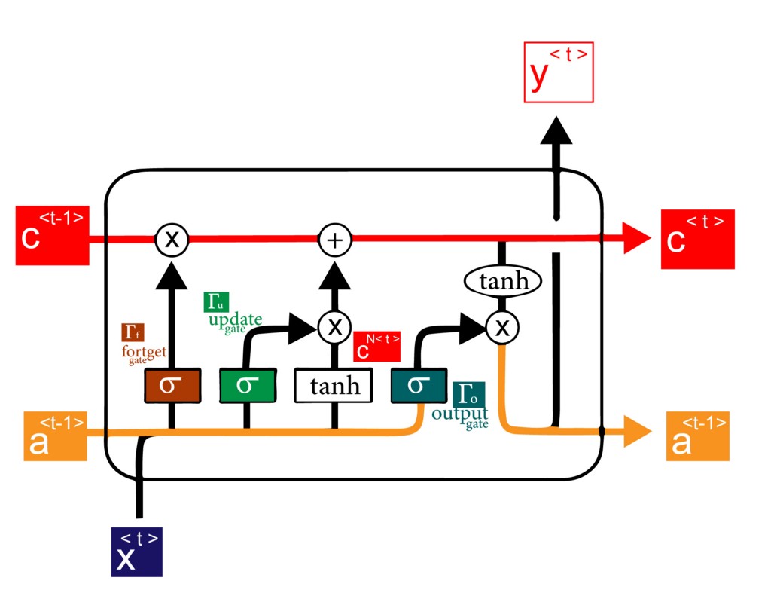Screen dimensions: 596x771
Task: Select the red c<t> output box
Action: point(697,239)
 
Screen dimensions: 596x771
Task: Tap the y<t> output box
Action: point(558,73)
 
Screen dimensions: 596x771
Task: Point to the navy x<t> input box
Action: point(136,552)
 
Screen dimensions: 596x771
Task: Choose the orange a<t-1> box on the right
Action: point(697,436)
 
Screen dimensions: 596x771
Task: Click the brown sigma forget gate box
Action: point(172,386)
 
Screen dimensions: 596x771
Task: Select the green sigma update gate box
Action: point(246,386)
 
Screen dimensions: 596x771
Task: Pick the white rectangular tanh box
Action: point(334,386)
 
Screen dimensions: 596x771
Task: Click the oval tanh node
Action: point(503,283)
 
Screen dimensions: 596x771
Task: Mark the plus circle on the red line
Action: point(335,240)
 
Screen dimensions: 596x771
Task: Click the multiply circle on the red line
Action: point(172,240)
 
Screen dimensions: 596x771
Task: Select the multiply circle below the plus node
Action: point(335,326)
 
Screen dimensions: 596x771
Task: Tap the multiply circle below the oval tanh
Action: point(501,326)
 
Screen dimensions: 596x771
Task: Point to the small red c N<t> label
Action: point(376,347)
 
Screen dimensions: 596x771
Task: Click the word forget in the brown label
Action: point(144,352)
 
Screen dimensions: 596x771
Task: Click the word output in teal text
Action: point(459,414)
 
